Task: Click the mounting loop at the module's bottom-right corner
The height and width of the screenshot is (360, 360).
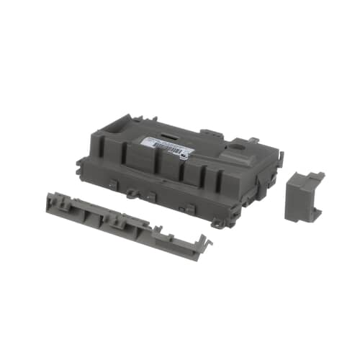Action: (216, 224)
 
